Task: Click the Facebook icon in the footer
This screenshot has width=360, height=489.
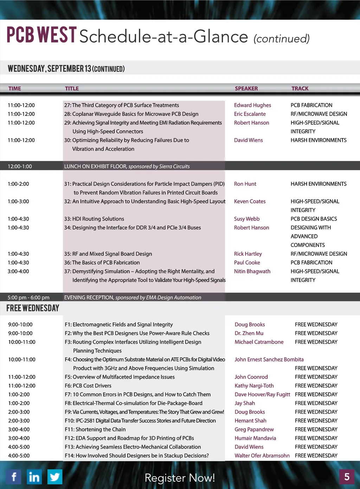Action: [x=14, y=477]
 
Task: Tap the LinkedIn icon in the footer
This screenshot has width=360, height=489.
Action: [x=34, y=477]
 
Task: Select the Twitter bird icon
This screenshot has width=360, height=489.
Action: [x=55, y=477]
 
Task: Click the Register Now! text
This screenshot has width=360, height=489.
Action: [x=180, y=478]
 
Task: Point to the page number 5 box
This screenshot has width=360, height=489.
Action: [x=347, y=477]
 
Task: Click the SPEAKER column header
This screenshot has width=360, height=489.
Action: [x=246, y=89]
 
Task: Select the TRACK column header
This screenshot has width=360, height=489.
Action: [x=300, y=89]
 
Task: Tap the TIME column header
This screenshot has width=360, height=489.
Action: [x=15, y=89]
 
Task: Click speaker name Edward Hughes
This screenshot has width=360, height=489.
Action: [x=252, y=105]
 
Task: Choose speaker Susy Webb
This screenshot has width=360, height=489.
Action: [x=247, y=219]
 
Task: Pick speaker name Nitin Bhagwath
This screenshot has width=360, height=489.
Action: [x=252, y=271]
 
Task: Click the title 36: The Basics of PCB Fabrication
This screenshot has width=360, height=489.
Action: [x=102, y=262]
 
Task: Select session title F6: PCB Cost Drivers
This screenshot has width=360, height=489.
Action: [x=88, y=386]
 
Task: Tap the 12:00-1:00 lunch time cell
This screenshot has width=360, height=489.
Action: [x=20, y=167]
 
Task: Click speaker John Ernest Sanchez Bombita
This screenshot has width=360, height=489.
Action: [x=269, y=359]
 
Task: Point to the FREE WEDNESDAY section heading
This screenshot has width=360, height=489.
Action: [x=33, y=308]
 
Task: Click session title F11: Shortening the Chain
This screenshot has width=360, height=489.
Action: [x=95, y=429]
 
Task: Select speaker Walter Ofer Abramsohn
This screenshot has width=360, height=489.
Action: [x=262, y=456]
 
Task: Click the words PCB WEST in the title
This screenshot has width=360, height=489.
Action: [x=41, y=35]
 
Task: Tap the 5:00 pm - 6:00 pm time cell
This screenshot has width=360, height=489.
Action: [x=28, y=298]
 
